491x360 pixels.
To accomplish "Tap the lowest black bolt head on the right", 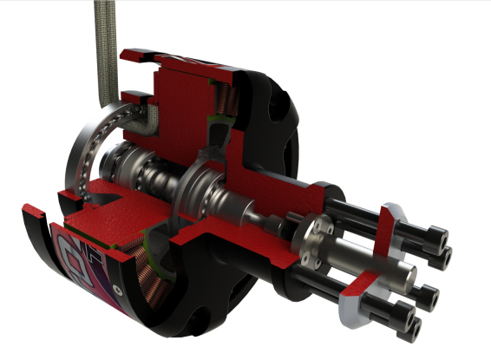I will (413, 328).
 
